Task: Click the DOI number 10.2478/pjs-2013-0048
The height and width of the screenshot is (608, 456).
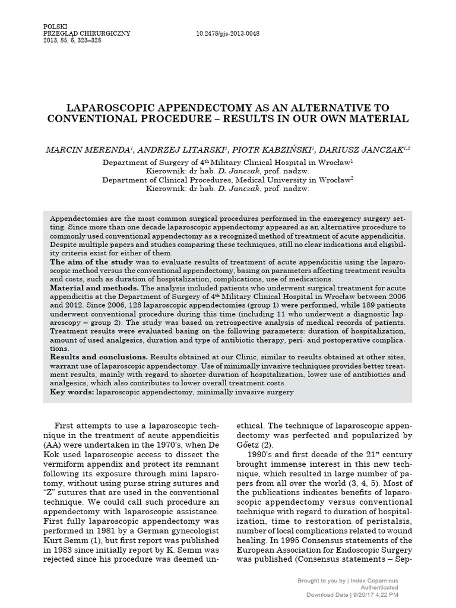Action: click(227, 34)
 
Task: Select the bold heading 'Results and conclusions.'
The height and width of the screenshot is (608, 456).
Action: click(99, 357)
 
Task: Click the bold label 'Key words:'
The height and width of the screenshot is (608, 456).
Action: click(71, 392)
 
